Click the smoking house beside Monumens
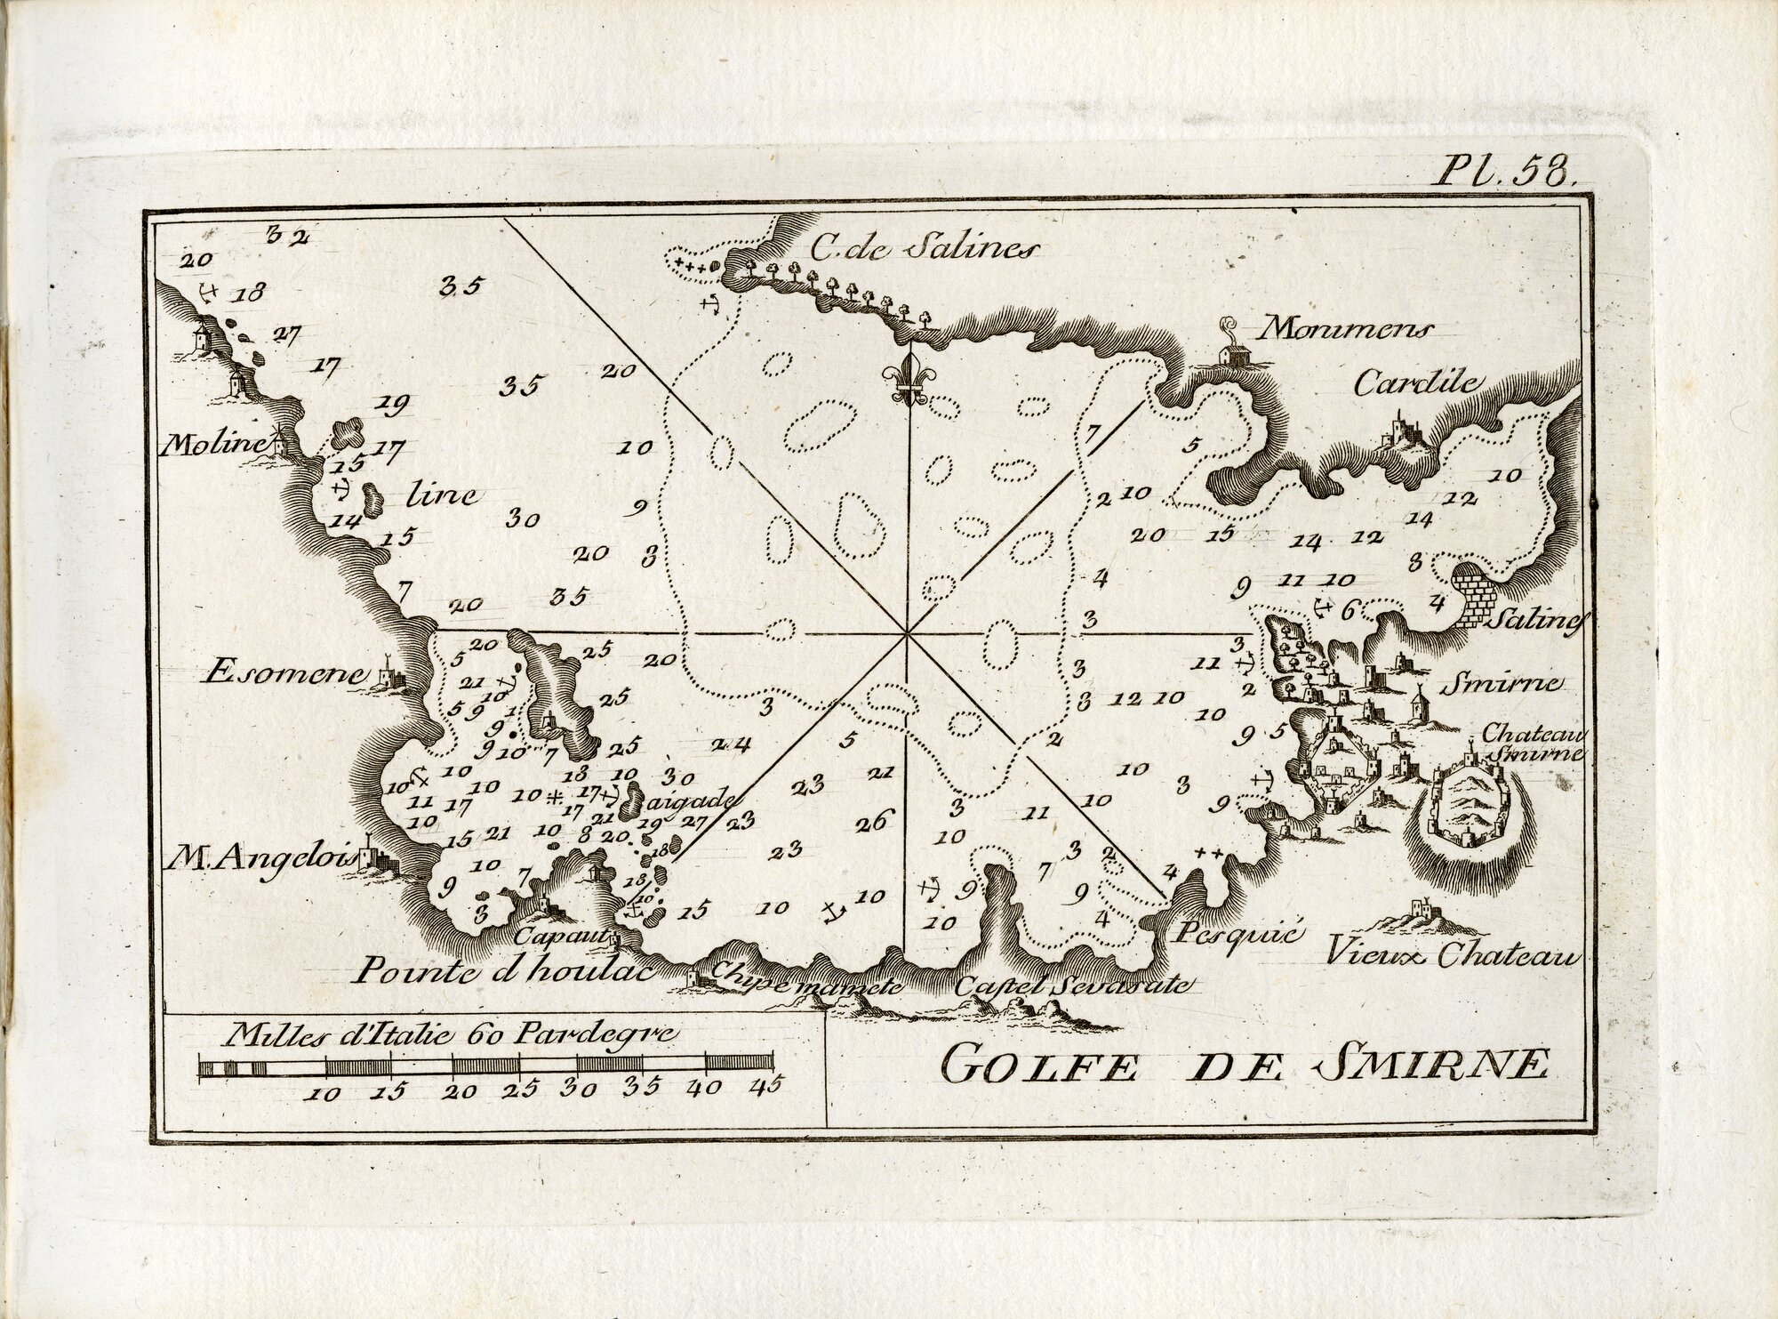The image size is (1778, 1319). (1230, 350)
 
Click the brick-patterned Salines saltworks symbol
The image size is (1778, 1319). (1477, 595)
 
